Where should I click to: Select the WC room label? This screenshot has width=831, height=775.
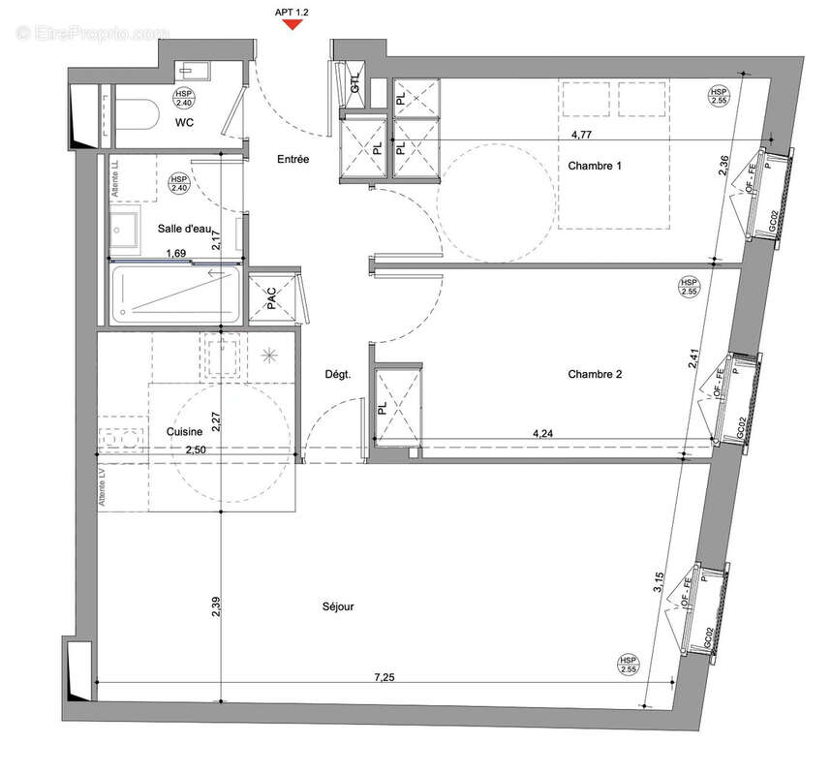click(x=187, y=123)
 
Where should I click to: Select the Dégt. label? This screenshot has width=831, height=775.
click(x=337, y=375)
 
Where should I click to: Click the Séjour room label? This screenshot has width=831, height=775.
click(x=338, y=607)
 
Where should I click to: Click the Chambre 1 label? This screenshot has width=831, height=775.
click(x=595, y=166)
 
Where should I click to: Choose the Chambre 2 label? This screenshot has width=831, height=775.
click(x=595, y=374)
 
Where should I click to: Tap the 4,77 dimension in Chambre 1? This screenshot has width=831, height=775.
click(x=582, y=136)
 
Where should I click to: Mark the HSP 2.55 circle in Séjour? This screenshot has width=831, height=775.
click(x=630, y=665)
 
